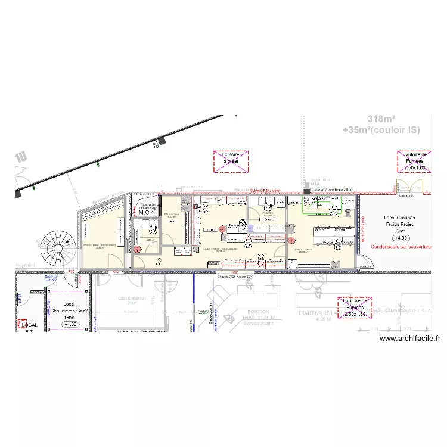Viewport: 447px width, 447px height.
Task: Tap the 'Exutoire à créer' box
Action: (x=231, y=162)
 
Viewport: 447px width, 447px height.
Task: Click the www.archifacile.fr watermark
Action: (x=409, y=339)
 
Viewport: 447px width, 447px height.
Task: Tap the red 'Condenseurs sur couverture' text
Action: (x=401, y=246)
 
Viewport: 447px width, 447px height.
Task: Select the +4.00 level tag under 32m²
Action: (x=400, y=237)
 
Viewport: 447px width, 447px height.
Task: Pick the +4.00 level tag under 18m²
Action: (x=70, y=325)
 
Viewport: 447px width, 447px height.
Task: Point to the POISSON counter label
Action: (x=258, y=312)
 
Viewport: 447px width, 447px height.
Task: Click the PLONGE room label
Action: (x=268, y=213)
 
